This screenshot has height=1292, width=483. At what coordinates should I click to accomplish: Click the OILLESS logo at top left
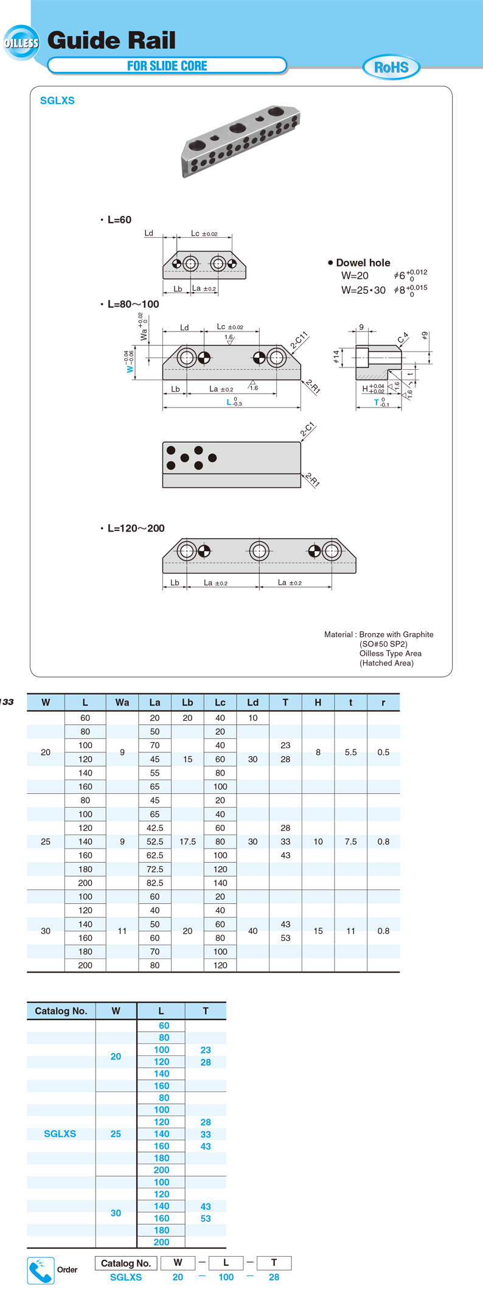(x=21, y=43)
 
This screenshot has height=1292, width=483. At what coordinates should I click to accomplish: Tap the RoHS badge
(x=391, y=67)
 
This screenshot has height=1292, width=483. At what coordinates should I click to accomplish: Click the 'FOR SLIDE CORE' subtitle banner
(x=167, y=66)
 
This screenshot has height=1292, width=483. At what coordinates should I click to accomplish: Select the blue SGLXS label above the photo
(x=57, y=101)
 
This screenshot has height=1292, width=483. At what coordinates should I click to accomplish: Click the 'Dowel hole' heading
(x=363, y=263)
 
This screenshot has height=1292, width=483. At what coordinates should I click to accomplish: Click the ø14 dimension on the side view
(x=336, y=357)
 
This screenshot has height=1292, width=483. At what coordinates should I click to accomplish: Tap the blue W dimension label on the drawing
(x=130, y=369)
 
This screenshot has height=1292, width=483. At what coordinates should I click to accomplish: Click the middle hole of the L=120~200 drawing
(x=259, y=551)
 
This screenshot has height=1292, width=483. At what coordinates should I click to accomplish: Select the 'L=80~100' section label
(x=133, y=304)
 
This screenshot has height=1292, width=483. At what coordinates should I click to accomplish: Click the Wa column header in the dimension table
(x=122, y=703)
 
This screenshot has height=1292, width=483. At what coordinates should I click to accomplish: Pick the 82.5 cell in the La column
(x=155, y=883)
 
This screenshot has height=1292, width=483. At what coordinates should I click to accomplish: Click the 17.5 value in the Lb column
(x=187, y=842)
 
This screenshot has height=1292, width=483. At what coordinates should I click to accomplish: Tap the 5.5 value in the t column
(x=350, y=752)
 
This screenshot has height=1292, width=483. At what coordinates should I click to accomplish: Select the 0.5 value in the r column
(x=383, y=752)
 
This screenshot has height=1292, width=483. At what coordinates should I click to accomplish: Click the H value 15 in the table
(x=318, y=931)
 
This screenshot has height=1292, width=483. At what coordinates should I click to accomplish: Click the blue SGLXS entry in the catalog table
(x=60, y=1134)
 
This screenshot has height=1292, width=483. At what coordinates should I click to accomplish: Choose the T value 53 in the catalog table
(x=206, y=1218)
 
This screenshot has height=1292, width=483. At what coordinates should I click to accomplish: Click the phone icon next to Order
(x=41, y=1271)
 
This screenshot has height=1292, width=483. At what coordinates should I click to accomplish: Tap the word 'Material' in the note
(x=338, y=634)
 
